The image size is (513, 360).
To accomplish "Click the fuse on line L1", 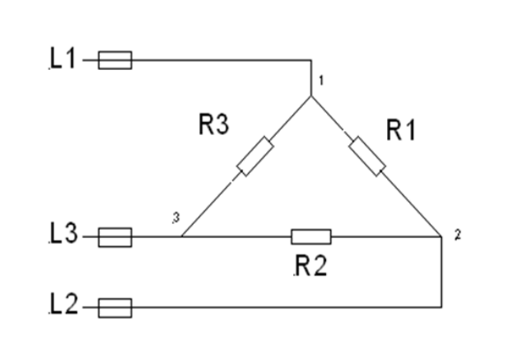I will pos(114,60).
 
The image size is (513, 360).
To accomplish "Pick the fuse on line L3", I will pos(114,237).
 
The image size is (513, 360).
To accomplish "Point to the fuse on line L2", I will pos(114,308).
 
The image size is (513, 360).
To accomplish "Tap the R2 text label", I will pos(310,266).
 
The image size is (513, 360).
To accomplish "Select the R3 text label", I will pos(212,125).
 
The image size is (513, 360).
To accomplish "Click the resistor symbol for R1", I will pos(367,157).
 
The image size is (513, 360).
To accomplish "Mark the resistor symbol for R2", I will pos(311,237).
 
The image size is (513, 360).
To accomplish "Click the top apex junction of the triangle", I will pos(311,96).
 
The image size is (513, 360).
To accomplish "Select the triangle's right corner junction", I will pos(442,237).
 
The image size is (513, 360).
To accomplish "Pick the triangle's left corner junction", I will pos(181,237).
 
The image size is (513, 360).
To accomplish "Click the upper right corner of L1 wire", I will pos(311,60).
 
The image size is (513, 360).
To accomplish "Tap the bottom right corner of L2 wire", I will pos(442,308).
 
